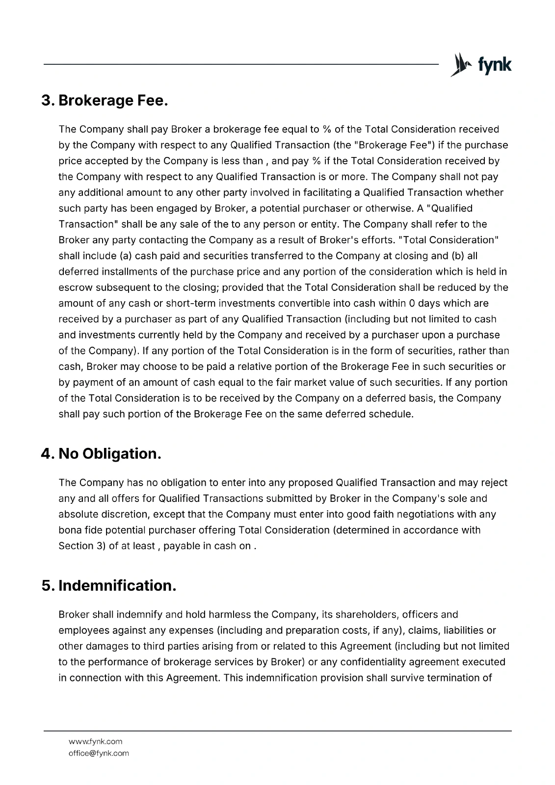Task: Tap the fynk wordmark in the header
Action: [495, 65]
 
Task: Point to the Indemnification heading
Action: [117, 586]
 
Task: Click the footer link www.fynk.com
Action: [95, 741]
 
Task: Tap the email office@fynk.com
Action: [99, 753]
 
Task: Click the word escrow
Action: [75, 288]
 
